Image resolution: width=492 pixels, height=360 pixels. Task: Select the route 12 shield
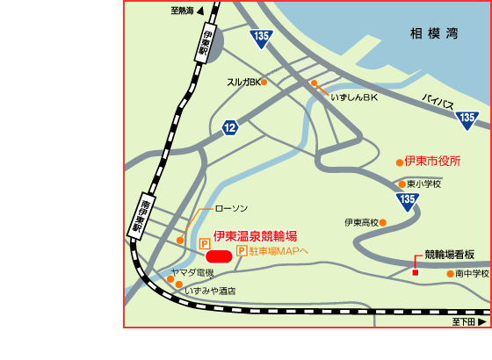click(230, 128)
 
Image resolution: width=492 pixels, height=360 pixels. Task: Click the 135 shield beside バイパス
click(467, 118)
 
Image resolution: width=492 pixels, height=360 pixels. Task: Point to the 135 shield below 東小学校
click(407, 201)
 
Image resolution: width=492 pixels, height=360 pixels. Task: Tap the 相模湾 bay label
click(434, 34)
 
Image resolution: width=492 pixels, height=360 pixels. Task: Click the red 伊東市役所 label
click(432, 162)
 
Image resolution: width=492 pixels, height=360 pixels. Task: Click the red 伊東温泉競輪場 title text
click(256, 236)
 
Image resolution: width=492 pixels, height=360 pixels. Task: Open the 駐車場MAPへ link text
click(279, 251)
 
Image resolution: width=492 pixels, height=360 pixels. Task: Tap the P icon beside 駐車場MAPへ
click(241, 251)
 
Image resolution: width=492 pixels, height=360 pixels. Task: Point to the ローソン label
click(232, 210)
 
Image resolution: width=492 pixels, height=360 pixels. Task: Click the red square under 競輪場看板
click(416, 272)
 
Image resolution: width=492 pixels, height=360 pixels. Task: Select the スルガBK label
click(244, 83)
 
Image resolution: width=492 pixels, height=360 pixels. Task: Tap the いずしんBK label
click(353, 98)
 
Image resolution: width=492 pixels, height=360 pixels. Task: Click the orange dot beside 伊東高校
click(383, 223)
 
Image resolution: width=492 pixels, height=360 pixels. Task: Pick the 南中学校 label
click(472, 274)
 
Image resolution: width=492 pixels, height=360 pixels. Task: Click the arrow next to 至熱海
click(200, 11)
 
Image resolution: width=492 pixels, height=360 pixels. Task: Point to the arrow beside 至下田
click(481, 322)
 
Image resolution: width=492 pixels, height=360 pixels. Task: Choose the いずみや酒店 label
click(210, 290)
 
